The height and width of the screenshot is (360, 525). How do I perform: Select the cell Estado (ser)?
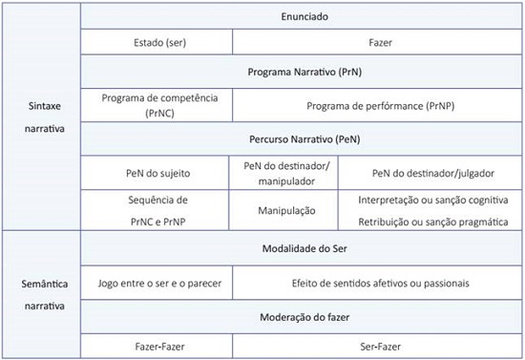(x=157, y=43)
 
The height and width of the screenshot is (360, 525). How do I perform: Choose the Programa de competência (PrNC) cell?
(x=157, y=105)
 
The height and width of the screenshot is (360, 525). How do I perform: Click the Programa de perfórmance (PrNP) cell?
(x=379, y=105)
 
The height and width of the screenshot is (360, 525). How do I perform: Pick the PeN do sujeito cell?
(x=157, y=172)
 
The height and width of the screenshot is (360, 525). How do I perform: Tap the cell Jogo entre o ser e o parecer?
(x=157, y=283)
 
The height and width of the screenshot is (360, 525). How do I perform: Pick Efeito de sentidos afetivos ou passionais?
(x=379, y=283)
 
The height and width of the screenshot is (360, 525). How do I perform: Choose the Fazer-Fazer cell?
(x=157, y=345)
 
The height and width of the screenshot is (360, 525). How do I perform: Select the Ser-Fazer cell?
(x=379, y=345)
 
